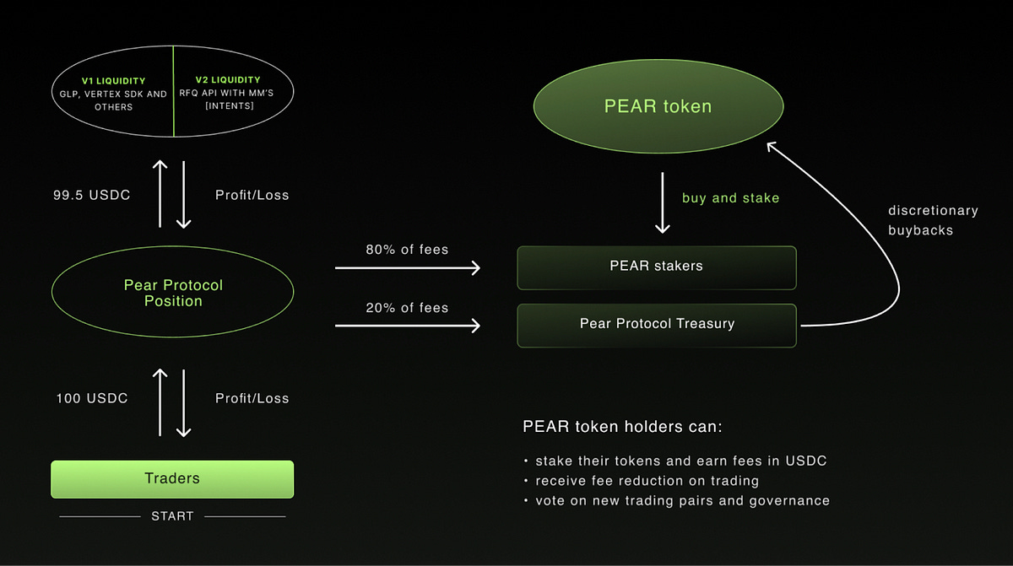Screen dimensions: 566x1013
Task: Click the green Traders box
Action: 172,478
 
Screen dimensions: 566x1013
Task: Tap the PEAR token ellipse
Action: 658,106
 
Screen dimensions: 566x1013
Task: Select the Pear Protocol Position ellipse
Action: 172,293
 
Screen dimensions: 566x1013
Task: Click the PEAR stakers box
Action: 656,266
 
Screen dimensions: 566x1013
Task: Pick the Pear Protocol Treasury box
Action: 656,324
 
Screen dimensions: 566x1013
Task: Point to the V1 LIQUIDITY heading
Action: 113,81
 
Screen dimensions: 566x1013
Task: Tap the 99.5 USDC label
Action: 91,195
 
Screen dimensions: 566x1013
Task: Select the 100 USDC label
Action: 91,398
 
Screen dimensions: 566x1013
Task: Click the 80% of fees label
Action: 407,250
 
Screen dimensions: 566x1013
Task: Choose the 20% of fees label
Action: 407,308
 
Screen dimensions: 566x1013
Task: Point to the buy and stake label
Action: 730,198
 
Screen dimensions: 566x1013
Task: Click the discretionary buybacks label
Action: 933,220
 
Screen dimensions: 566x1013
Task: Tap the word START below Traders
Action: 172,515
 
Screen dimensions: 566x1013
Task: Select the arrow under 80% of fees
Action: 407,268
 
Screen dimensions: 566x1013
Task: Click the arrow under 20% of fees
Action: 407,326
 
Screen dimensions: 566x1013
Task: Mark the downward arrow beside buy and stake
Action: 663,202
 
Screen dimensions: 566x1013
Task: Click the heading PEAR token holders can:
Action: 622,427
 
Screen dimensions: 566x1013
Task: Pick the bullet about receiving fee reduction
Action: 647,481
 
